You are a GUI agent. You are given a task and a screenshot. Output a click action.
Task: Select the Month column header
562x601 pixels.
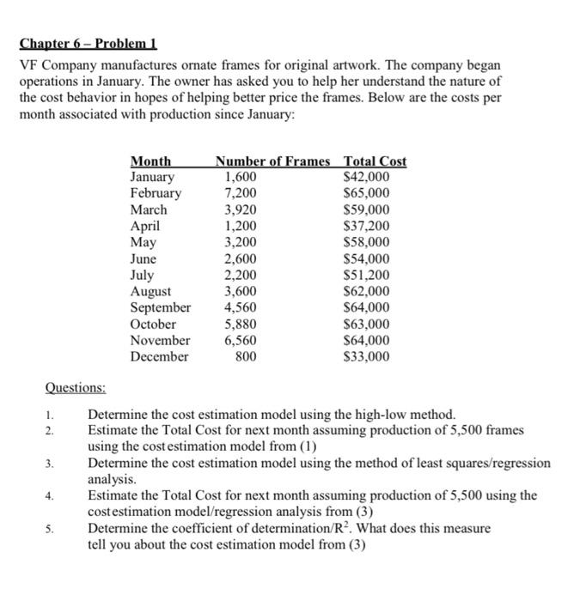pyautogui.click(x=150, y=161)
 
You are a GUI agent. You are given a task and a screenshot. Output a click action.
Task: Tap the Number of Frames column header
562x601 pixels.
pyautogui.click(x=272, y=161)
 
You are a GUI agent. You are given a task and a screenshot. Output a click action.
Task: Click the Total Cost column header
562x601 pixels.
pyautogui.click(x=375, y=161)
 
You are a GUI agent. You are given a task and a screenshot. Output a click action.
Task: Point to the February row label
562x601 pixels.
pyautogui.click(x=156, y=193)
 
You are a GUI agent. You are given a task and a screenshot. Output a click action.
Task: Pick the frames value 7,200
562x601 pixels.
pyautogui.click(x=241, y=193)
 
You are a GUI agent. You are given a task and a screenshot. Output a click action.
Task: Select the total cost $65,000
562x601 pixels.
pyautogui.click(x=366, y=193)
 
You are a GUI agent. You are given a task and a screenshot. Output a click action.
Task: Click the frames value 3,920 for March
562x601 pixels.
pyautogui.click(x=241, y=209)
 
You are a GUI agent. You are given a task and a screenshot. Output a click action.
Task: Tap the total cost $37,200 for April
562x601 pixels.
pyautogui.click(x=366, y=226)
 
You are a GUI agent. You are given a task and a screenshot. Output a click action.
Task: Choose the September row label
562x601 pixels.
pyautogui.click(x=161, y=307)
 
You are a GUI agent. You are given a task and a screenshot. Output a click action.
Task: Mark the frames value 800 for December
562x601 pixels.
pyautogui.click(x=246, y=356)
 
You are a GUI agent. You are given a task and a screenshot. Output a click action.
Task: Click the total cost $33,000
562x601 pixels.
pyautogui.click(x=366, y=356)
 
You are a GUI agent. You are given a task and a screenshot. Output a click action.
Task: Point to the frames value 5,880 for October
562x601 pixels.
pyautogui.click(x=241, y=324)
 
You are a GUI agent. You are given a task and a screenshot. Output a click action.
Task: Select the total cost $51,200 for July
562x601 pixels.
pyautogui.click(x=366, y=275)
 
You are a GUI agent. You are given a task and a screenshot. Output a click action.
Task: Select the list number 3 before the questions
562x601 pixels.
pyautogui.click(x=50, y=464)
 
